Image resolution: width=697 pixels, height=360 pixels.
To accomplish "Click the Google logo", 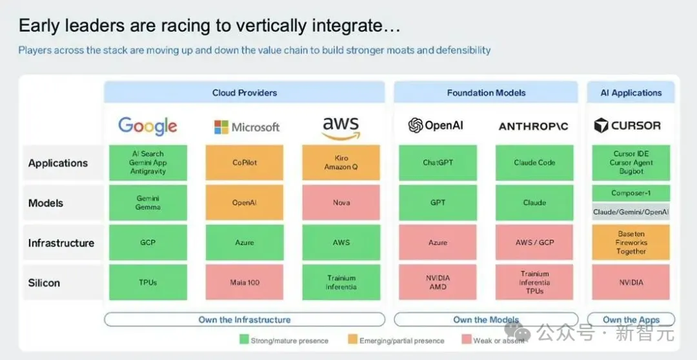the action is click(148, 126).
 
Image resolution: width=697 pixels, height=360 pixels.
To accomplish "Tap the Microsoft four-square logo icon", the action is click(221, 127).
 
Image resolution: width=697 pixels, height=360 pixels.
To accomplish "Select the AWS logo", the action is click(341, 128).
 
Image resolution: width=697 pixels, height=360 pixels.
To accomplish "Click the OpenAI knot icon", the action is click(415, 125).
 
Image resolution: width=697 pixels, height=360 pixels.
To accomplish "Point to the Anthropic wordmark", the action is click(534, 126).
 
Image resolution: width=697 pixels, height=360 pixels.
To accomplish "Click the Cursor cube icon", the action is click(601, 126).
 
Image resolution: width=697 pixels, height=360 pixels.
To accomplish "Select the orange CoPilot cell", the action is click(245, 163).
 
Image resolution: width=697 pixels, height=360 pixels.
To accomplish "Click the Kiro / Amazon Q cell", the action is click(341, 163).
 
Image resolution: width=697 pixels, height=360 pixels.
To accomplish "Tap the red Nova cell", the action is click(341, 203).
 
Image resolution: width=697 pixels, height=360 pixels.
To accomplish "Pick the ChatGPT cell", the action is click(438, 163).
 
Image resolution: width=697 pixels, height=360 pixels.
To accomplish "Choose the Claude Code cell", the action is click(534, 163).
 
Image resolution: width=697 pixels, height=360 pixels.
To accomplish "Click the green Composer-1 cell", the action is click(631, 194).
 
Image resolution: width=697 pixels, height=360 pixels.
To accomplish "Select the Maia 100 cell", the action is click(245, 282).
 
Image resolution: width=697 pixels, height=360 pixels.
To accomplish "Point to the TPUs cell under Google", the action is click(148, 282).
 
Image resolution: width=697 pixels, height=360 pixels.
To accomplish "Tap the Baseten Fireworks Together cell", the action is click(631, 243).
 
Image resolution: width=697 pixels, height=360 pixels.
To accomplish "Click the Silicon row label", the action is click(44, 283).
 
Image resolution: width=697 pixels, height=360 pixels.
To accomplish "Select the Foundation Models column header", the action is click(486, 93).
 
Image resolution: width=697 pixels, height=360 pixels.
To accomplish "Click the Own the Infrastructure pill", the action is click(245, 319).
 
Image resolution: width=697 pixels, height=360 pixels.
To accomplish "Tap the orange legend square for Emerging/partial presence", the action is click(352, 340).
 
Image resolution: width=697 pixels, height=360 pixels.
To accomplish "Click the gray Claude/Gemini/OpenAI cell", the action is click(631, 212).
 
